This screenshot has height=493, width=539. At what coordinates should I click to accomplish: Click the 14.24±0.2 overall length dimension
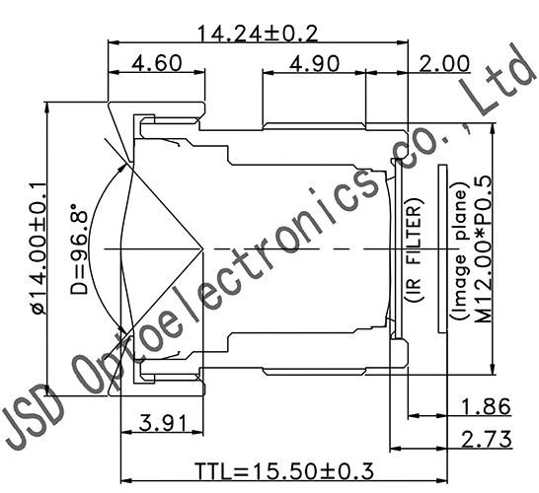(x=258, y=32)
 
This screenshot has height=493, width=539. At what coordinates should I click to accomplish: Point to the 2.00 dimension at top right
(x=443, y=64)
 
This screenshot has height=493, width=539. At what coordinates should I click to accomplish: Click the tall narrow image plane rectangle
(x=443, y=251)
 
